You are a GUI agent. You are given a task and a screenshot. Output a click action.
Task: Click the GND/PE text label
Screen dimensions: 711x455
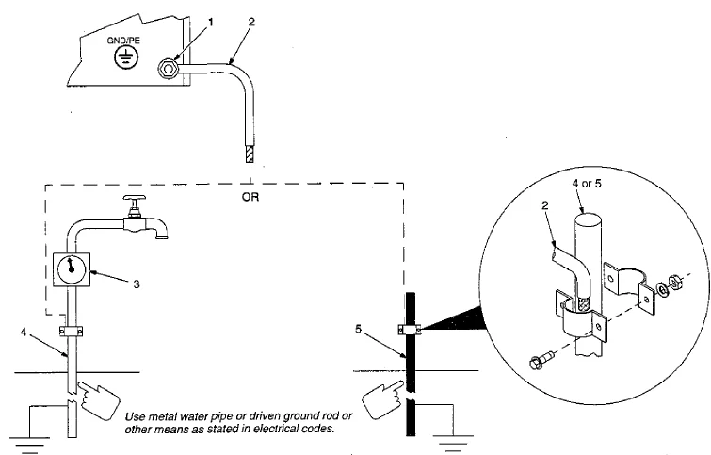123,41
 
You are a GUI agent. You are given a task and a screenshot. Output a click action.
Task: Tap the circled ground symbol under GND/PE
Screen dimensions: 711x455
124,57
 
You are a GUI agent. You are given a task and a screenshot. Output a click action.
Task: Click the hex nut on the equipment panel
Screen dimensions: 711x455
169,69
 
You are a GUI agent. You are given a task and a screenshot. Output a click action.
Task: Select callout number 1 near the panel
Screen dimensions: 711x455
210,22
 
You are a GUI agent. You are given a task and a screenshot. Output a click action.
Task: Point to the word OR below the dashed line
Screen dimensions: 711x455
250,197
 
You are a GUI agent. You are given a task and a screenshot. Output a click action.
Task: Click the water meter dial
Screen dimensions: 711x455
72,270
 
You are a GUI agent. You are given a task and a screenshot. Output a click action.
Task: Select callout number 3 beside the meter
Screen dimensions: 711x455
136,284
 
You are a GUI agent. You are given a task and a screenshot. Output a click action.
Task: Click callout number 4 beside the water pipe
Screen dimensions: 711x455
24,332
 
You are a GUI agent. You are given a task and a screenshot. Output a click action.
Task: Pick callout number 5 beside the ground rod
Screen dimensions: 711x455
358,329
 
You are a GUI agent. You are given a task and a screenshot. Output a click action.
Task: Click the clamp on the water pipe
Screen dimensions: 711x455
72,332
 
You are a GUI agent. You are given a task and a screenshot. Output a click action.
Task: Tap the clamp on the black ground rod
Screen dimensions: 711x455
410,329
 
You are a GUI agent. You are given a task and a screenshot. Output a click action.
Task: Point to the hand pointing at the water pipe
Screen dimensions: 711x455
98,399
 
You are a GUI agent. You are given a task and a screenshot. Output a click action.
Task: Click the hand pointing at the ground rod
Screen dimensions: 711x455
382,399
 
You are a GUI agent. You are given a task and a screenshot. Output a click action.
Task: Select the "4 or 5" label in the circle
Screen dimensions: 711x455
586,184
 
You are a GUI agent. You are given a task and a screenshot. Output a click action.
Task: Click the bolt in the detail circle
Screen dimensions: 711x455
541,360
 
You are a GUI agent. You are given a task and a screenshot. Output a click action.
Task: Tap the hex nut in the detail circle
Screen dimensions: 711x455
675,283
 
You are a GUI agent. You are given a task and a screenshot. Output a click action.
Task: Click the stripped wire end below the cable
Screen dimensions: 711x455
250,154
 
